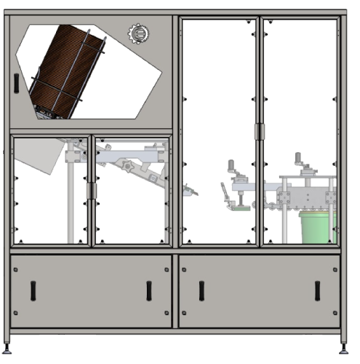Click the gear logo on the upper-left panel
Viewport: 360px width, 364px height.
pos(136,33)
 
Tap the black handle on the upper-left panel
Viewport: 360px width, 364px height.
pos(15,82)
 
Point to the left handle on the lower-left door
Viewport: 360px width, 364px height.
pos(33,290)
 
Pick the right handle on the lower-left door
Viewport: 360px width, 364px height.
pos(149,290)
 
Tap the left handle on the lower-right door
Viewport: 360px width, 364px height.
pos(201,290)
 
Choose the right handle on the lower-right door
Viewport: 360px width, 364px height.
pos(318,290)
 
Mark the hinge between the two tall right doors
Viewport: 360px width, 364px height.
pos(260,131)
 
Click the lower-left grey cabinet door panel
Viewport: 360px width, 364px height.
pos(91,290)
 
